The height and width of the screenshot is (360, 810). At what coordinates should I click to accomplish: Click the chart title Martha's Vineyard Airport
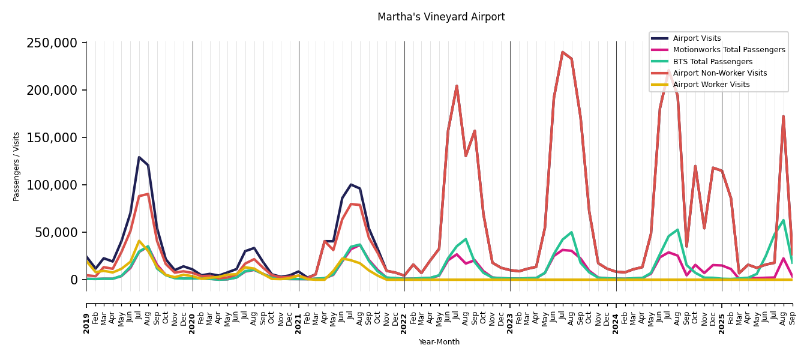pos(441,17)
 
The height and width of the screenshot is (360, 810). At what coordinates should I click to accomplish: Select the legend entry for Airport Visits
pos(697,38)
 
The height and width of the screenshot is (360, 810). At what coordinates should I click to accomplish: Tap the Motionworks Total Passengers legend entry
pos(728,50)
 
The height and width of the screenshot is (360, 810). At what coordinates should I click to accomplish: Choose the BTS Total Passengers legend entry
pos(712,62)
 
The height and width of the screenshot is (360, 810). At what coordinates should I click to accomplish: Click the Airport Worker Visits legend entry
pos(711,85)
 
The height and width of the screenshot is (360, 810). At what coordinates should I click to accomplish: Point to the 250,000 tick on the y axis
pos(52,43)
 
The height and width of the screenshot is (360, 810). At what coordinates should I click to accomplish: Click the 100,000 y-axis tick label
pos(52,185)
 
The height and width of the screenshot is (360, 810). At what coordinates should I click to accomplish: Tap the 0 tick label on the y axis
pos(74,280)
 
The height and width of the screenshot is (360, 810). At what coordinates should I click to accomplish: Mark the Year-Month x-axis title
pos(439,342)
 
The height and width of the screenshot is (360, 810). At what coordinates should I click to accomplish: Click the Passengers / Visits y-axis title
pos(17,166)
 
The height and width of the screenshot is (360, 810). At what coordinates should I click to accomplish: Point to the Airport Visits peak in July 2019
pos(139,157)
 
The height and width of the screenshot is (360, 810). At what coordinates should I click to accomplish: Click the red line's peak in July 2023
pos(563,52)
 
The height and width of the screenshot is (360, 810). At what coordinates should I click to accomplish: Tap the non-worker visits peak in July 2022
pos(457,86)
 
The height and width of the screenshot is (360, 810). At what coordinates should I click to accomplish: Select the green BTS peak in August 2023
pos(571,232)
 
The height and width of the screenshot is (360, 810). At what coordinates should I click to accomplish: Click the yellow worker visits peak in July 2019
pos(139,241)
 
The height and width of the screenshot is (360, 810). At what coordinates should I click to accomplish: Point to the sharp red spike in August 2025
pos(783,116)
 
